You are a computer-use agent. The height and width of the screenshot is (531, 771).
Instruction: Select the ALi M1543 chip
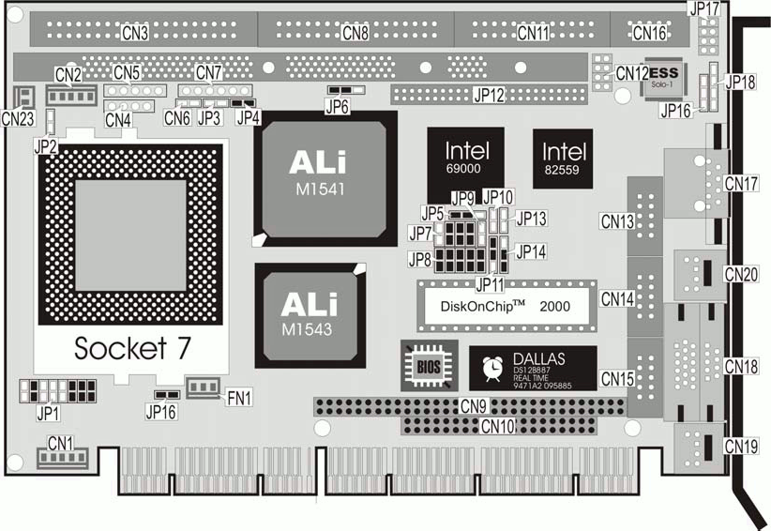tap(310, 313)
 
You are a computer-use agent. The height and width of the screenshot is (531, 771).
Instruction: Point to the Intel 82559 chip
tap(563, 156)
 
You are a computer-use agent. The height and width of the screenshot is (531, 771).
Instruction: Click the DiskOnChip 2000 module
tap(506, 305)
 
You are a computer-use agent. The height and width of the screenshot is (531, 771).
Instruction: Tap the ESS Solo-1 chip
tap(663, 76)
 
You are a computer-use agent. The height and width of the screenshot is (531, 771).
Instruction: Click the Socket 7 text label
tap(132, 347)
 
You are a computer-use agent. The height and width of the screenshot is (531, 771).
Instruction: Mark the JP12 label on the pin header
tap(489, 95)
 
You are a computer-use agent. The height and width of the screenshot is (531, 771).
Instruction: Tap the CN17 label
tap(741, 182)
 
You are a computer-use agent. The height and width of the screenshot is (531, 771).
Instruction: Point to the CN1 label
tap(61, 443)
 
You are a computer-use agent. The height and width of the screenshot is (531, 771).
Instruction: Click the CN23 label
tap(18, 118)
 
